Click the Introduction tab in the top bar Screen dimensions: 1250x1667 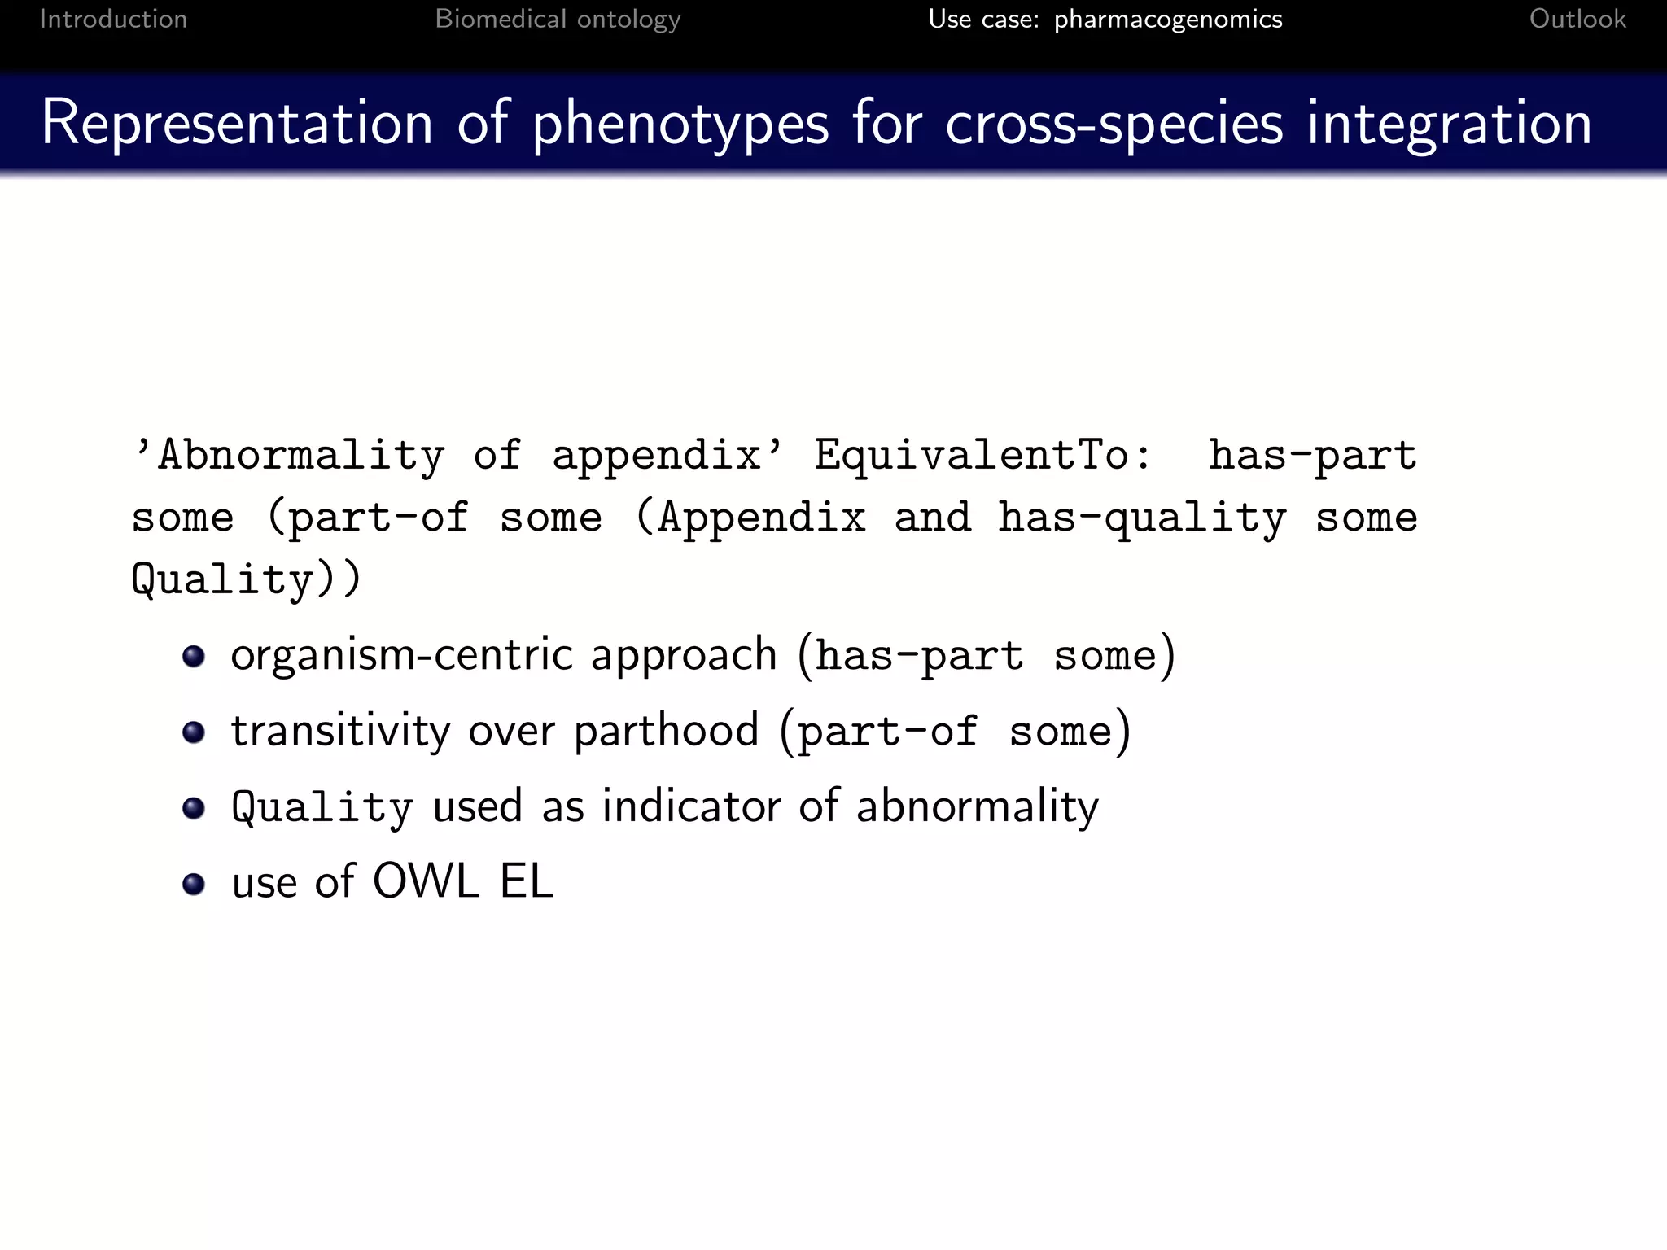tap(113, 19)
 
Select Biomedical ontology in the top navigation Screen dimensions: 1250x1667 tap(558, 19)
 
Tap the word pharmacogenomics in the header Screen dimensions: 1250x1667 tap(1167, 19)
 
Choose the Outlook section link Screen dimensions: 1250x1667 tap(1577, 19)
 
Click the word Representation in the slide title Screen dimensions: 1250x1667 tap(237, 124)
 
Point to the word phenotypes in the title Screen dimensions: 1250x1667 tap(680, 124)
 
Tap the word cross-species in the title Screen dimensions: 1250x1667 tap(1114, 124)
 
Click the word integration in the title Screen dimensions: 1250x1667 tap(1449, 124)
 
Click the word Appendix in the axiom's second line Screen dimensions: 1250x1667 tap(762, 517)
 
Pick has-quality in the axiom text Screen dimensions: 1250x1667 tap(1142, 518)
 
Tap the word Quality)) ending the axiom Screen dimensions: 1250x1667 tap(246, 579)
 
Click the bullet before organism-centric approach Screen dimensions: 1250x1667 tap(194, 656)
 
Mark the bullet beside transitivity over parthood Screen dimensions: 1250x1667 tap(194, 732)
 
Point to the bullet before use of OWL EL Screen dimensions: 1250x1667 tap(194, 883)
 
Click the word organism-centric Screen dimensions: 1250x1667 tap(402, 655)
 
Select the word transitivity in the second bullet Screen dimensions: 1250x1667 tap(340, 730)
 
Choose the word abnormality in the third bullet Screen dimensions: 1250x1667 tap(977, 807)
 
